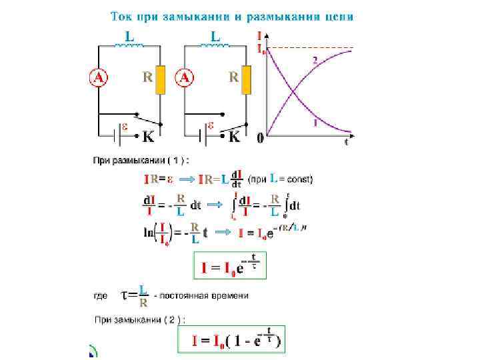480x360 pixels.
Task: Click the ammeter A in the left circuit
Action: click(98, 78)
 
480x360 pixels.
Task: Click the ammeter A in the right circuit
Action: click(185, 78)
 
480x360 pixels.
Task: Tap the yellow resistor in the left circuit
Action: click(161, 79)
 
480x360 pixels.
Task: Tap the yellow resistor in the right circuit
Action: click(247, 79)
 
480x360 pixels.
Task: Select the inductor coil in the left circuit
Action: click(131, 46)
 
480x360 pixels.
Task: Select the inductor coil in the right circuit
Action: click(217, 46)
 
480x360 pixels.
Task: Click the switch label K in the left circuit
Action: click(148, 137)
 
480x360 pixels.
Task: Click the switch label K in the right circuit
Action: click(235, 137)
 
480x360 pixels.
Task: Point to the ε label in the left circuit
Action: click(124, 125)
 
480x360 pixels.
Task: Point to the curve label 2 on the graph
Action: click(314, 60)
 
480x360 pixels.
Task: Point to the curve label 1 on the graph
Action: click(315, 122)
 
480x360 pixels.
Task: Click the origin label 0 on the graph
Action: click(260, 139)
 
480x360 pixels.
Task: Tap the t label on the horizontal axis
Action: click(346, 141)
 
